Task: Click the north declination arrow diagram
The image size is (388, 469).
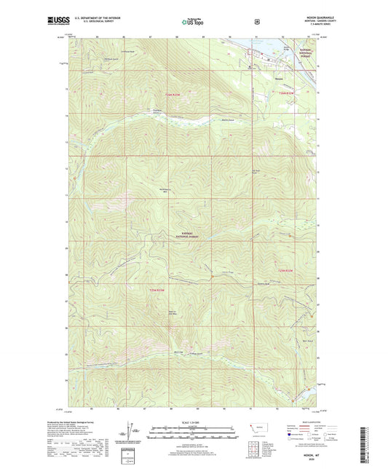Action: coord(131,430)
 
